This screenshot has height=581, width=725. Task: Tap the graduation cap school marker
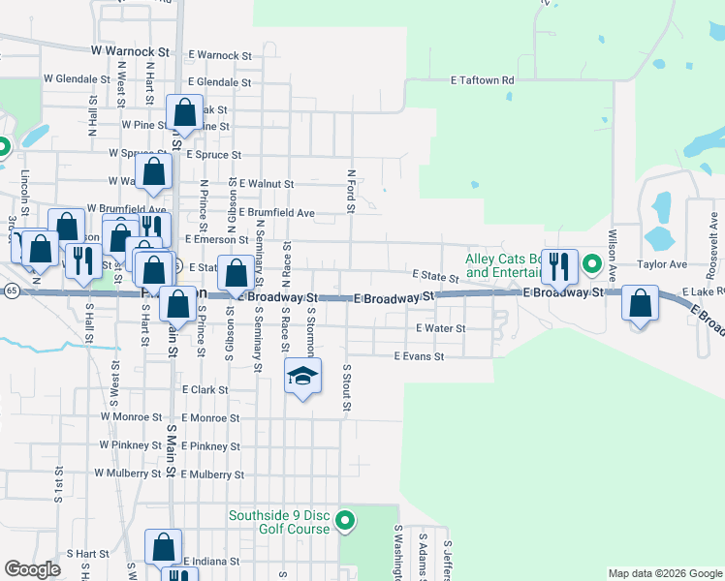302,376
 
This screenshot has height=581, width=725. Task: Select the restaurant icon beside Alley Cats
559,264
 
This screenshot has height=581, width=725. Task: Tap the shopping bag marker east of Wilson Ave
641,303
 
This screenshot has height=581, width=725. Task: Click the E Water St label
441,328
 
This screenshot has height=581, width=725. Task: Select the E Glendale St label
220,83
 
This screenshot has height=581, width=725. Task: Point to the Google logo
32,569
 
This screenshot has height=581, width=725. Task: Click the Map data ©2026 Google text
664,573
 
